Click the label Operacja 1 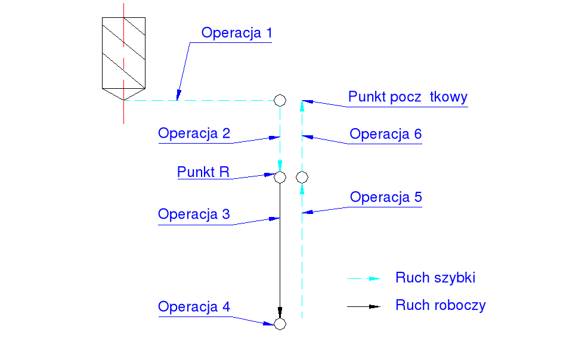click(x=237, y=33)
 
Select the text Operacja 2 click(x=194, y=134)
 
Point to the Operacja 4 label click(x=194, y=307)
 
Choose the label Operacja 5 click(x=386, y=197)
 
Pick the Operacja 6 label click(x=386, y=134)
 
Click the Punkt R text click(x=203, y=173)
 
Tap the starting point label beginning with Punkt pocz click(x=408, y=97)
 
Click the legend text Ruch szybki click(x=435, y=278)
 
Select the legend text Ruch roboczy click(x=441, y=306)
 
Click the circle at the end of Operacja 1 click(x=280, y=100)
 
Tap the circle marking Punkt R click(x=280, y=177)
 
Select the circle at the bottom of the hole click(x=280, y=324)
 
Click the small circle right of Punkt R click(x=302, y=177)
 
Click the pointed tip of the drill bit click(x=123, y=100)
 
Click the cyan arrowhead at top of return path click(x=302, y=105)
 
